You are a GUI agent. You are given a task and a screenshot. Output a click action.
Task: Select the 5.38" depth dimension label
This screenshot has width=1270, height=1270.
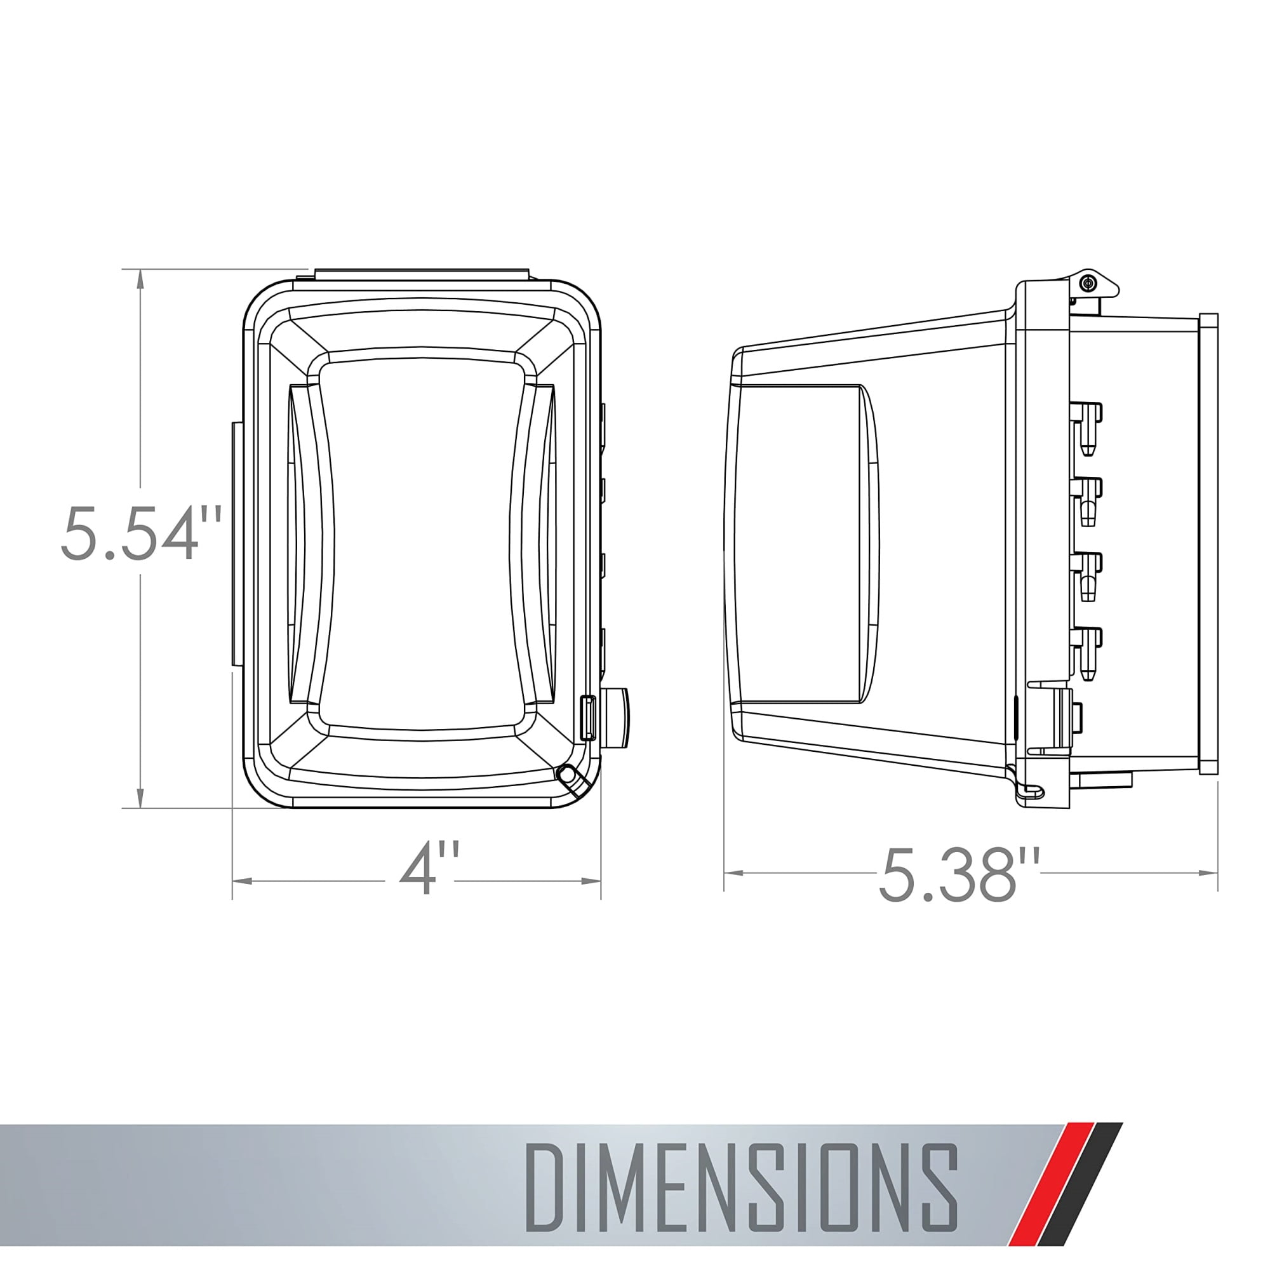tap(959, 874)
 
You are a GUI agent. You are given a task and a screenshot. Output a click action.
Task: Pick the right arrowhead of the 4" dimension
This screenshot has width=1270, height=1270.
tap(591, 880)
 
